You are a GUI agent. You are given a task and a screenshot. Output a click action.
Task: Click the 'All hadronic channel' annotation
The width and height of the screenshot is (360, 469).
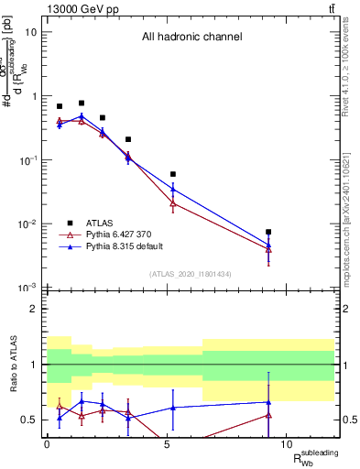(191, 38)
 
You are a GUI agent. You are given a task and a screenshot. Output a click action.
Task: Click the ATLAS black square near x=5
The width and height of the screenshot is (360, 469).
(173, 174)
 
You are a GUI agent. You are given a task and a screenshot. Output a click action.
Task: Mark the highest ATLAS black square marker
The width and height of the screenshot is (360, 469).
(82, 104)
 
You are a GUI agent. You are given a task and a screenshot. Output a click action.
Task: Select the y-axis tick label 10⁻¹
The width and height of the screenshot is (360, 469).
(28, 160)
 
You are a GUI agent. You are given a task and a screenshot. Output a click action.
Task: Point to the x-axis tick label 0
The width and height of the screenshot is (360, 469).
(47, 445)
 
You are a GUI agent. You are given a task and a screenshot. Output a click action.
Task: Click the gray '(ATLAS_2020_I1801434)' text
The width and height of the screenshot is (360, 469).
(191, 275)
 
